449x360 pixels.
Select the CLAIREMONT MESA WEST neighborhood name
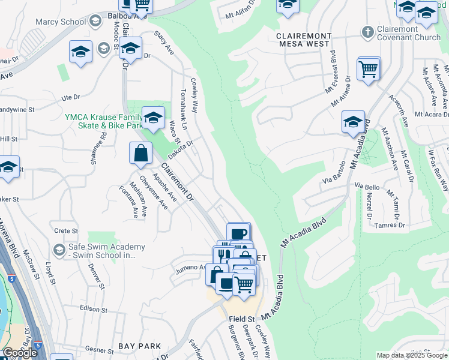point(303,40)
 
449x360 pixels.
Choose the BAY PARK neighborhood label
point(139,346)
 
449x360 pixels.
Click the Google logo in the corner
point(19,353)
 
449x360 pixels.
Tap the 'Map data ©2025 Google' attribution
point(412,355)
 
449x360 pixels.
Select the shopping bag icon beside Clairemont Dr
point(140,154)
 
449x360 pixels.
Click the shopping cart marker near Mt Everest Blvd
point(368,69)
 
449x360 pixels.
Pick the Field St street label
point(241,319)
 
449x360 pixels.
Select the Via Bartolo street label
point(334,172)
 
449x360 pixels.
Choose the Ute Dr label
point(70,97)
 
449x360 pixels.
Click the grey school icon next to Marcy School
point(95,22)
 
